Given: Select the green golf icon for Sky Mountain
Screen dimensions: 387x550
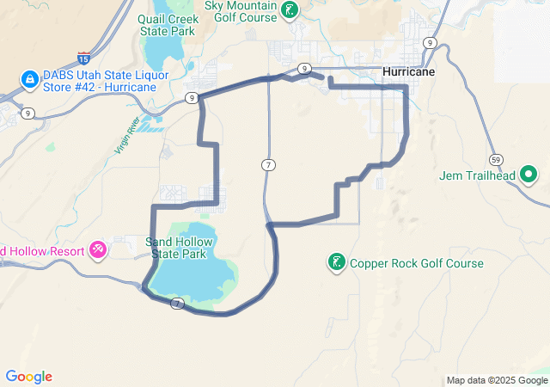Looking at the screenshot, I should pos(291,10).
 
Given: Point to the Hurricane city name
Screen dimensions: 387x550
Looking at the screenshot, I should pos(409,72).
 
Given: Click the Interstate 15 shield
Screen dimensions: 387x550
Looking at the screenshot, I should pos(83,58).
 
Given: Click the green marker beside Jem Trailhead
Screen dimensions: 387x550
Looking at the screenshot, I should pos(529,176).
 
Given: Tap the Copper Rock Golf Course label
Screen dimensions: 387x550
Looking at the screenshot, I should pos(417,263).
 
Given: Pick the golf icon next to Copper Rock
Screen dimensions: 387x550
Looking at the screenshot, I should pos(338,262).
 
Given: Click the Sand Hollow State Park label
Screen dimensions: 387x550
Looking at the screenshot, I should pos(179,249).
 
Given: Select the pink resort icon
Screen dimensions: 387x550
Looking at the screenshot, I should pos(98,250).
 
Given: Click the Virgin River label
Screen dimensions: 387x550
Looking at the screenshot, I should pos(127,136).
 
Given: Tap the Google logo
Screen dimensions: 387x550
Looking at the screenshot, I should pos(28,377).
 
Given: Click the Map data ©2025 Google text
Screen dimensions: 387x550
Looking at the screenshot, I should pos(497,380).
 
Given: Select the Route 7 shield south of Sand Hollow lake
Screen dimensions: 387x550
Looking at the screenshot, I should pos(177,303).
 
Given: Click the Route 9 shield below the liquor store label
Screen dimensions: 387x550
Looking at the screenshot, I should pos(28,113).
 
